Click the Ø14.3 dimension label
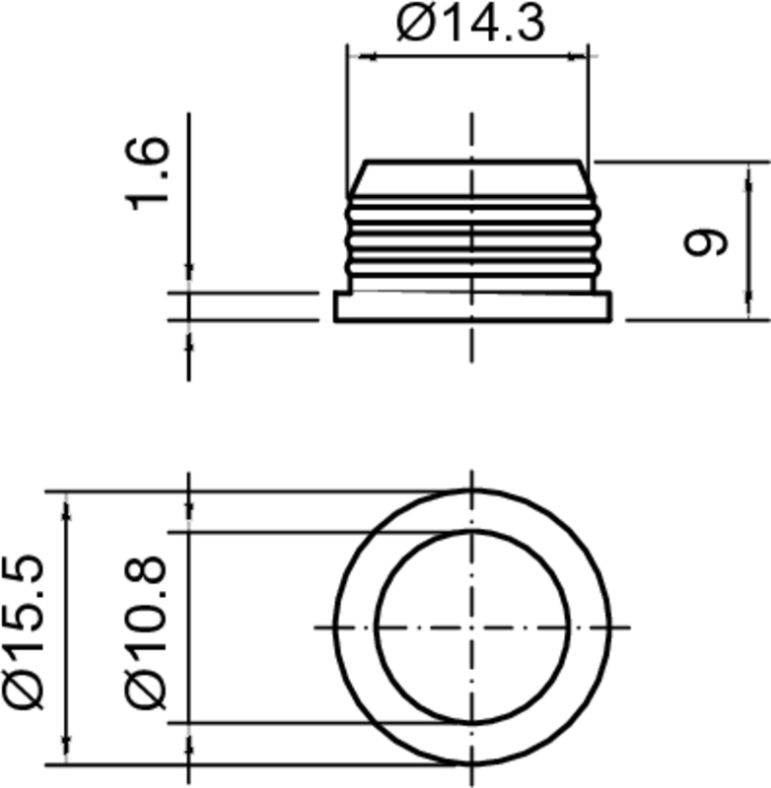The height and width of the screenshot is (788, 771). tap(470, 24)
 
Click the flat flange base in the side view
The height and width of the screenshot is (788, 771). tap(472, 307)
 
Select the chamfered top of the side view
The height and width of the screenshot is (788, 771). tap(472, 177)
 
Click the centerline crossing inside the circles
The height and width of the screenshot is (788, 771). tap(472, 627)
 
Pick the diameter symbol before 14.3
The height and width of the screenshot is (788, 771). tap(413, 24)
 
